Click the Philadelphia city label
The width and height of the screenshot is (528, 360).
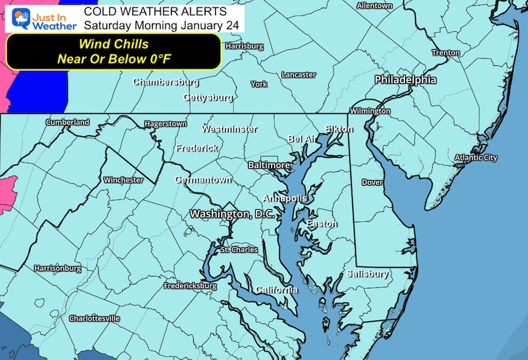pyautogui.click(x=406, y=80)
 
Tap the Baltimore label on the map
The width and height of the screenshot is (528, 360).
pyautogui.click(x=269, y=165)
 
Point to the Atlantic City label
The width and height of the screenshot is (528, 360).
pyautogui.click(x=476, y=158)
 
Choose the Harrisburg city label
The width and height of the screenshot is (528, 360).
pyautogui.click(x=244, y=46)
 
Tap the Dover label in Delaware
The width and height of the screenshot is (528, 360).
pyautogui.click(x=372, y=183)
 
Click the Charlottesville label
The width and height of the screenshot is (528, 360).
pyautogui.click(x=94, y=318)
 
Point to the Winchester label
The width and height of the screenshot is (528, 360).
pyautogui.click(x=123, y=180)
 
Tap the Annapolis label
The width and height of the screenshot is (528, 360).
pyautogui.click(x=285, y=198)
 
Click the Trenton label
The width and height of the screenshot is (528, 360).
pyautogui.click(x=445, y=53)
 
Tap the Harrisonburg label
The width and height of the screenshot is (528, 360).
pyautogui.click(x=58, y=268)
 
